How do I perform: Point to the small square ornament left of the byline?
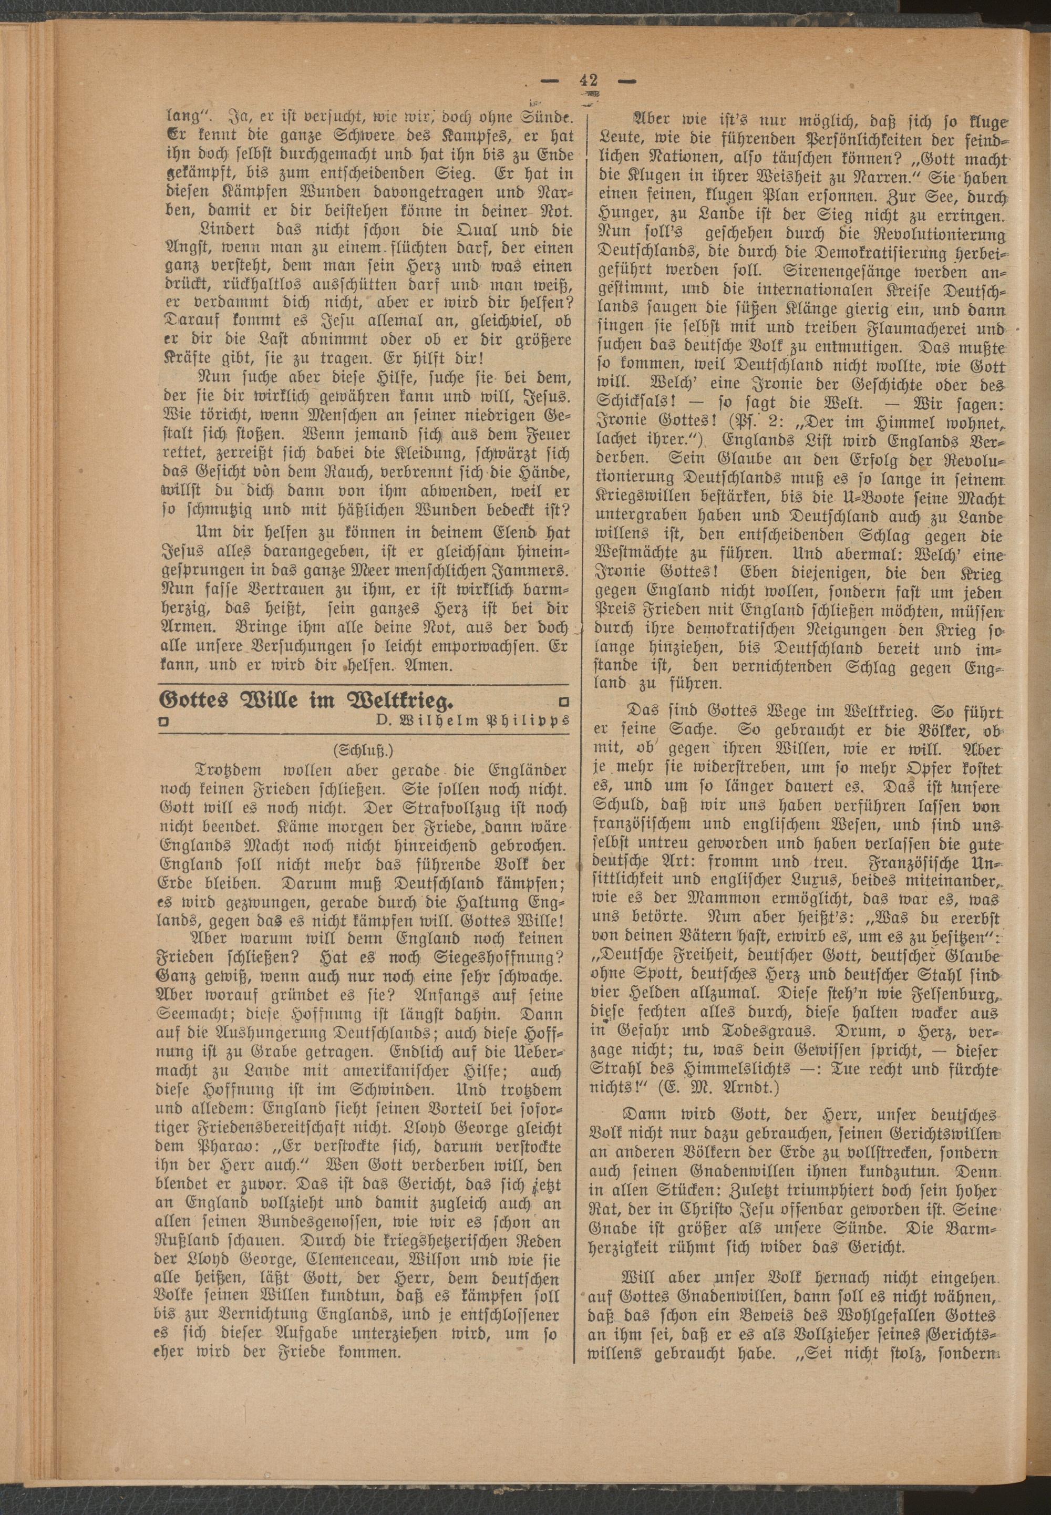click(164, 722)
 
